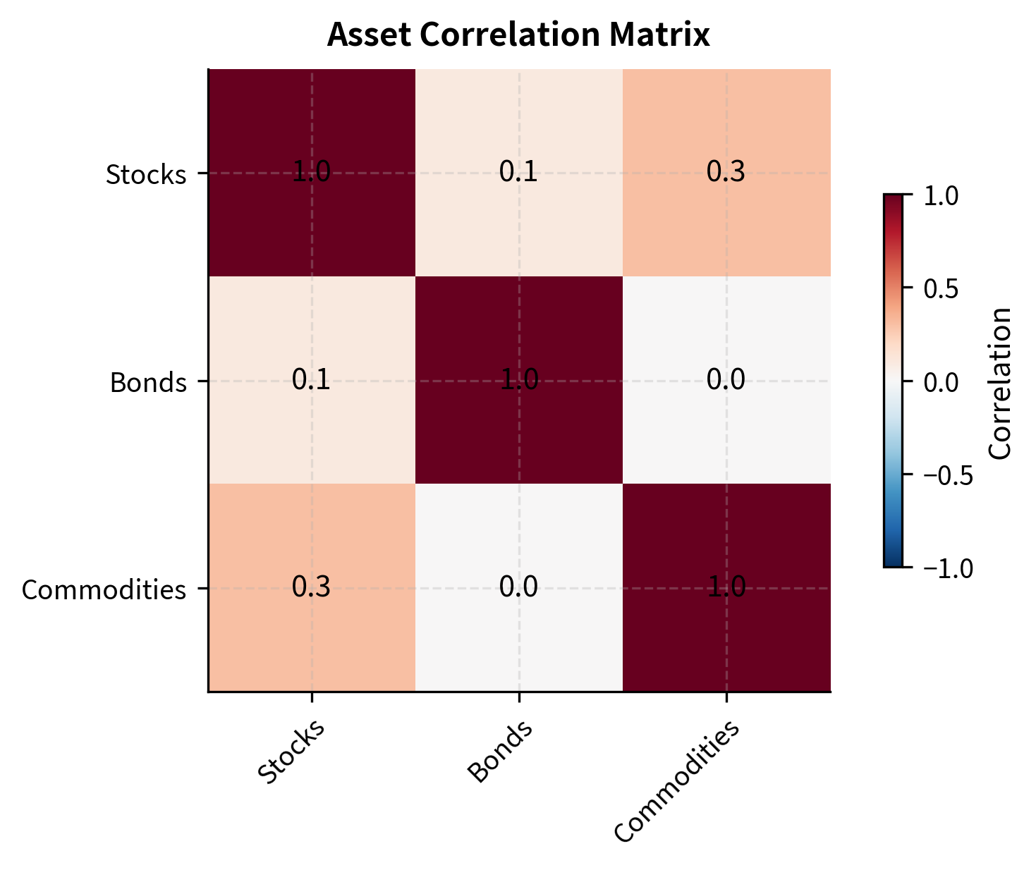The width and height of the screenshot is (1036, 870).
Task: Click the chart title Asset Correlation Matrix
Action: [x=518, y=35]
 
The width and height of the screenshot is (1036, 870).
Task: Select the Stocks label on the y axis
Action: [x=146, y=174]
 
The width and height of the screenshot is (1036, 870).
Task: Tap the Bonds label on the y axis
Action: [x=148, y=382]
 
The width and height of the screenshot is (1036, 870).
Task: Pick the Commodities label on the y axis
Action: [x=104, y=589]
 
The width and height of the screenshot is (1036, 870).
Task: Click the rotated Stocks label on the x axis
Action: [x=291, y=752]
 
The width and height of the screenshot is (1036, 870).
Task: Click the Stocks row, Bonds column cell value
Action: [x=518, y=173]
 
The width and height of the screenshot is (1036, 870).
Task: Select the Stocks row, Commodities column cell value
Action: [x=726, y=173]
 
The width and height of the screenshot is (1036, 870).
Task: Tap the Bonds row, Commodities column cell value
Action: [x=726, y=381]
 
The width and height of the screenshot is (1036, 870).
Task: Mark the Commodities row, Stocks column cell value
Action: [x=311, y=587]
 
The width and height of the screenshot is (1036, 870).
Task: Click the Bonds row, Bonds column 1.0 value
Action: [x=518, y=381]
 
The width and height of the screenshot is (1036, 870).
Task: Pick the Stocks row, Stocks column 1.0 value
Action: [x=311, y=173]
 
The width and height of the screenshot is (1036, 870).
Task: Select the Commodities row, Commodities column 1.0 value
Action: [x=726, y=587]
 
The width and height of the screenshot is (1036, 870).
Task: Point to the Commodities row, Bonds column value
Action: [x=518, y=587]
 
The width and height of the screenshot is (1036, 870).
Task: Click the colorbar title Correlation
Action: [x=1001, y=382]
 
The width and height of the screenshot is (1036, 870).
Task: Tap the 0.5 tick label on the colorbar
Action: [x=941, y=289]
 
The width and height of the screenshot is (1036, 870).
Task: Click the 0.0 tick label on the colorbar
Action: [x=941, y=382]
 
